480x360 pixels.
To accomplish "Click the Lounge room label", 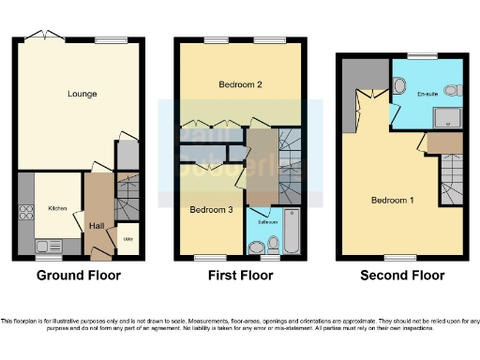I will pos(82,94).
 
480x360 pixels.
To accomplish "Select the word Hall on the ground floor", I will pos(96,226).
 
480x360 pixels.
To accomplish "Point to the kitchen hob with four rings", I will pos(23,212).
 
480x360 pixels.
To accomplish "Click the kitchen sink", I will pos(44,247).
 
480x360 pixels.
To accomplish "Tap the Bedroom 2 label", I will pos(240,84).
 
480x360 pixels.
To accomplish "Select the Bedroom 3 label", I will pos(211,209).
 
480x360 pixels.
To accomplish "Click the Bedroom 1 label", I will pos(389,200).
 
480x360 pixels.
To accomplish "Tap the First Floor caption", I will pos(240,276).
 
